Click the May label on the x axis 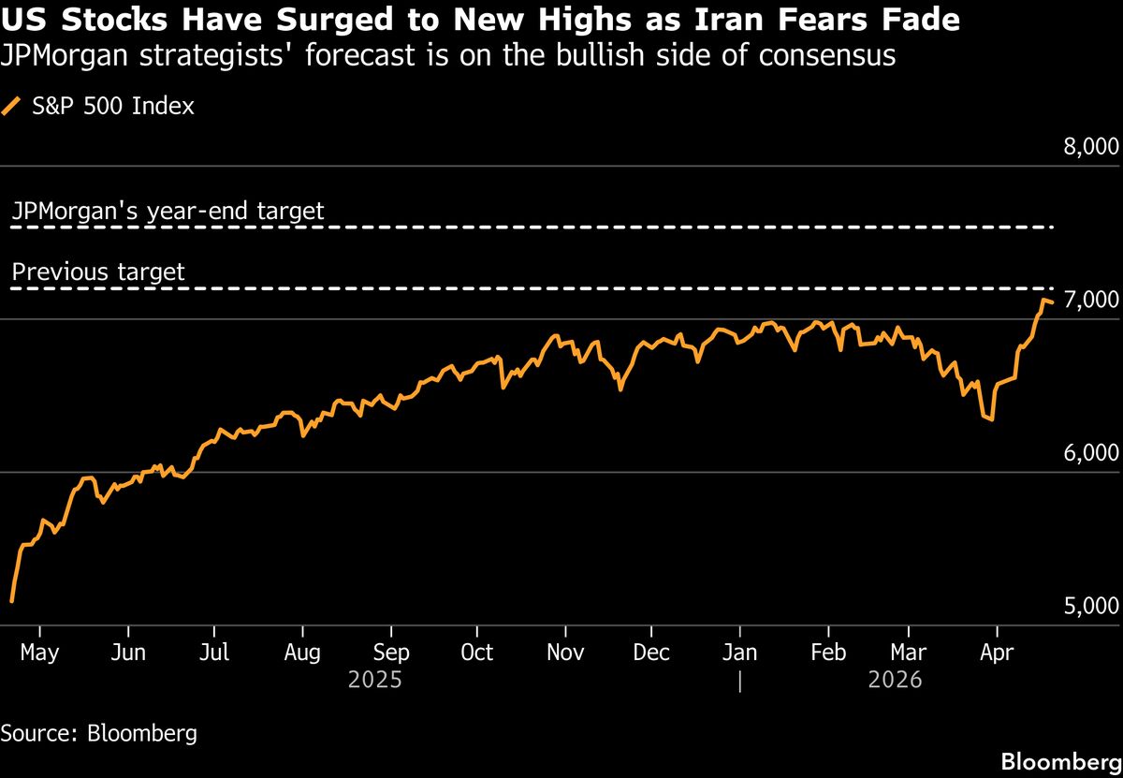(40, 653)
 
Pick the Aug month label (302, 653)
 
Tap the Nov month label (565, 653)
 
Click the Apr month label (997, 653)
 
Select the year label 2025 (374, 680)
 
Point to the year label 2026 (895, 680)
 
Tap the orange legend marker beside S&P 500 (11, 106)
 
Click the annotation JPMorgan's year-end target (168, 212)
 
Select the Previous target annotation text (98, 272)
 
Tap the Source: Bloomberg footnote (98, 732)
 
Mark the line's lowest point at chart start (11, 601)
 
